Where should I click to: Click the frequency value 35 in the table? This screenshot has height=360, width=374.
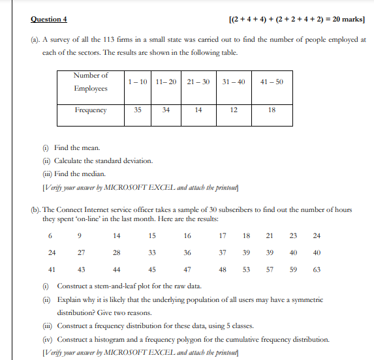click(138, 110)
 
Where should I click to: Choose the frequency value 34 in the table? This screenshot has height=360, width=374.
click(166, 110)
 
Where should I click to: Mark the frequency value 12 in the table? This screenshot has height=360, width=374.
click(234, 110)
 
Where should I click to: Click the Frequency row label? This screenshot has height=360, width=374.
click(90, 110)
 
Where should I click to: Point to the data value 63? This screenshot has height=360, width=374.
click(317, 269)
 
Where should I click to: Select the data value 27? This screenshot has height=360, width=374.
click(81, 252)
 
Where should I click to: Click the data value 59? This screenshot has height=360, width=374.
click(293, 269)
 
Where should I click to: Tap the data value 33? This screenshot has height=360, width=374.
click(152, 252)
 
